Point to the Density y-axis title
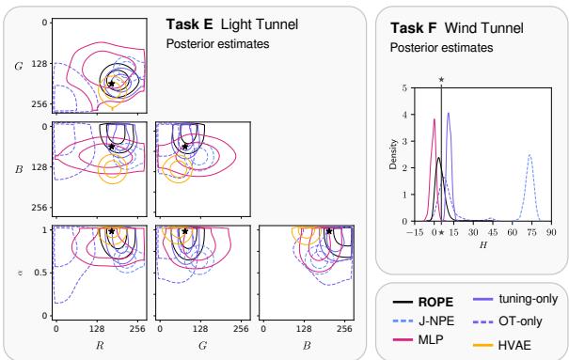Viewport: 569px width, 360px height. click(393, 155)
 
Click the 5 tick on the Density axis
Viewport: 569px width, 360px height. click(405, 87)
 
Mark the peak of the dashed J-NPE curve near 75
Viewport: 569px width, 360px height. click(530, 155)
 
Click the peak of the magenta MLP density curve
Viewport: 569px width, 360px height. click(434, 119)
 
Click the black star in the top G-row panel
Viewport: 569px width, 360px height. click(111, 85)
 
